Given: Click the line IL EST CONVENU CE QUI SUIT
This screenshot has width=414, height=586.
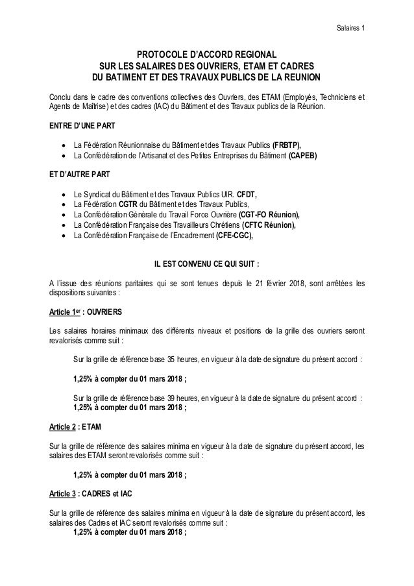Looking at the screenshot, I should pos(206,263).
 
